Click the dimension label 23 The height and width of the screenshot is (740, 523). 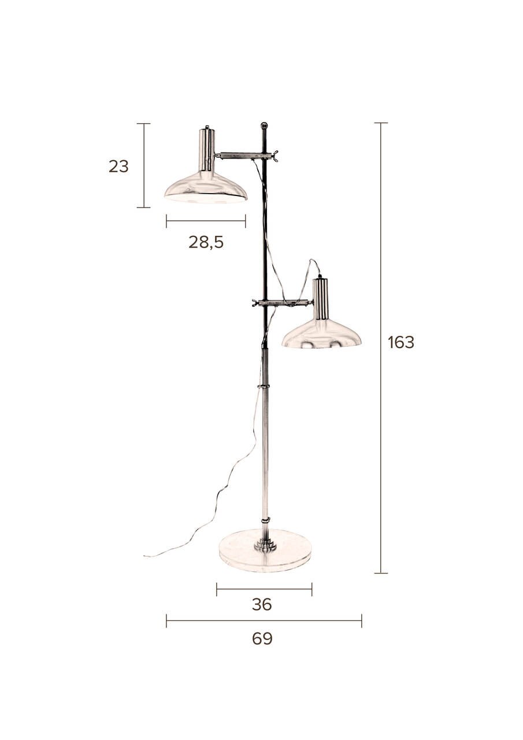click(118, 166)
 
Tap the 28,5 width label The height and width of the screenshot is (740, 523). click(206, 243)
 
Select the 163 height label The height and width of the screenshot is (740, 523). click(401, 342)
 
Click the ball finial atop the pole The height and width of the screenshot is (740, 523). click(264, 125)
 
